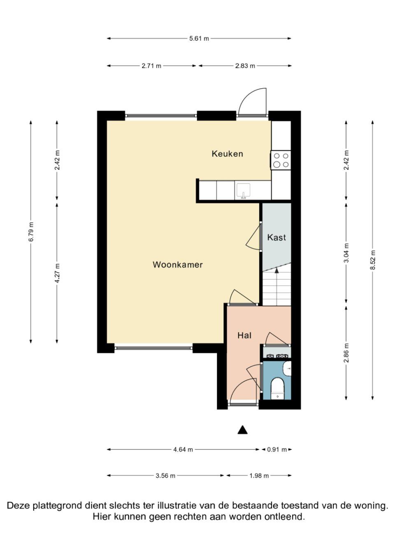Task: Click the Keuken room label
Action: tap(227, 154)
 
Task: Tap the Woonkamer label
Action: tap(178, 265)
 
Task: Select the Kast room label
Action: tap(276, 237)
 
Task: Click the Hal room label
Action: tap(244, 335)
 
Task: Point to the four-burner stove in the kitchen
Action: tap(281, 160)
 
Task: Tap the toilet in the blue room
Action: tap(278, 388)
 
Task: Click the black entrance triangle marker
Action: tap(243, 430)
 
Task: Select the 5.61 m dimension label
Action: tap(199, 39)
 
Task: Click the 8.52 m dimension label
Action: tap(373, 260)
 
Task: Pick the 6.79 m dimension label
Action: tap(31, 232)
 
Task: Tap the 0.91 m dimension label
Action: tap(277, 450)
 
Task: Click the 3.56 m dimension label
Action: tap(165, 476)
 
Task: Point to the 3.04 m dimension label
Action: tap(346, 253)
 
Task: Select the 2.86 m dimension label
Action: tap(346, 353)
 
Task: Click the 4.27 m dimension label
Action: tap(57, 273)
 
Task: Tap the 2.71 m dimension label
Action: tap(151, 66)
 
